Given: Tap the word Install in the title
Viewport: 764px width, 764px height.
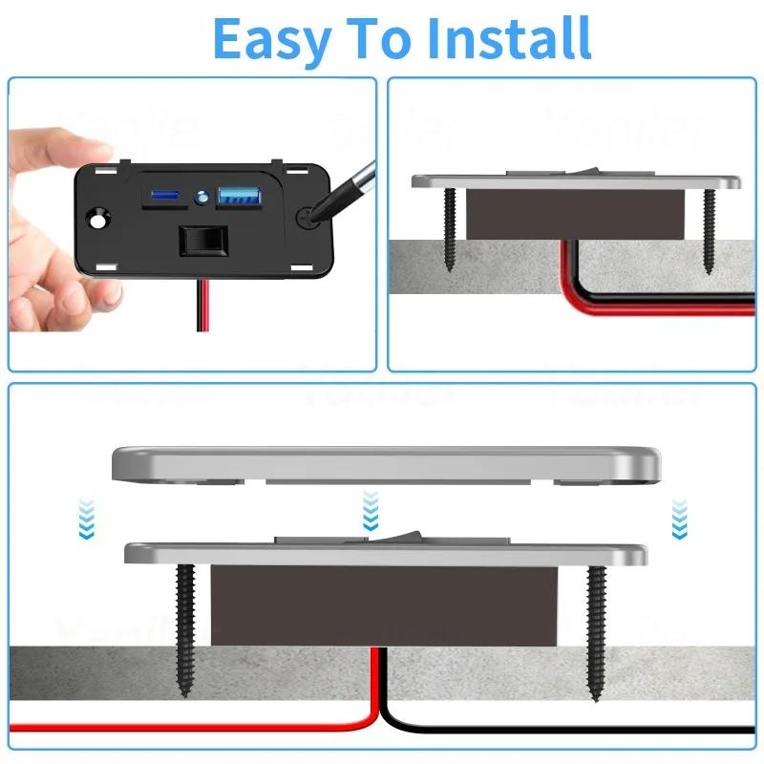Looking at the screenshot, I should [x=508, y=38].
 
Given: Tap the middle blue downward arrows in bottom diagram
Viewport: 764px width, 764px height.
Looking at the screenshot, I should [x=371, y=513].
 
